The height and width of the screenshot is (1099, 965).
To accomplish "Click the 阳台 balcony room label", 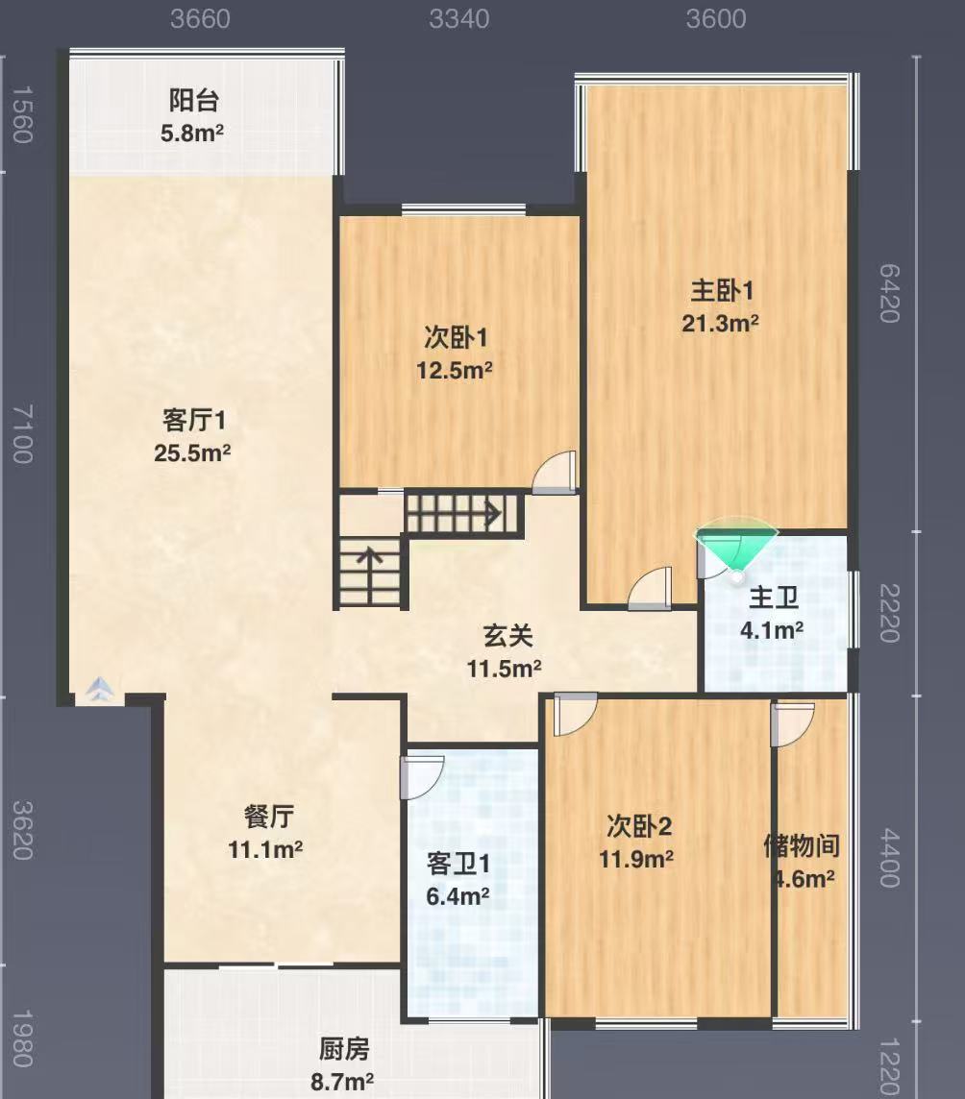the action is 193,100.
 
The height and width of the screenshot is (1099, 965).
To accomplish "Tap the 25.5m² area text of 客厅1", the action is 192,452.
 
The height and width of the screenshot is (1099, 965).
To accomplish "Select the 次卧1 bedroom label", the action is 456,338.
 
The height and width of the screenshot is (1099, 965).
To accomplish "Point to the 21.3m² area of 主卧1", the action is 720,323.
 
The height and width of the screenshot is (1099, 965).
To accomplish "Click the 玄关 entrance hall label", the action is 508,636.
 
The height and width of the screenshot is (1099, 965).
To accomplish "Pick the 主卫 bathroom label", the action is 774,598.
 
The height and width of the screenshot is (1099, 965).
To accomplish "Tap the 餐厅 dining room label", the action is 268,817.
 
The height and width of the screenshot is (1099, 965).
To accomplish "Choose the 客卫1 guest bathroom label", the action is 458,864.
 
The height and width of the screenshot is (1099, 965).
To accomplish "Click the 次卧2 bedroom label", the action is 639,826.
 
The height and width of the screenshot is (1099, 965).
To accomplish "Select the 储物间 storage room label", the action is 802,846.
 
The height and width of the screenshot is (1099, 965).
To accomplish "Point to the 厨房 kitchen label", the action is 344,1049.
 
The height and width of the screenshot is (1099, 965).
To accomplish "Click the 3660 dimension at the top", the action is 200,19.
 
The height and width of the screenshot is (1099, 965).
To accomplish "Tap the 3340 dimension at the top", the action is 458,19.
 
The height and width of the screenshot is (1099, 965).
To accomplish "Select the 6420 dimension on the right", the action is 889,293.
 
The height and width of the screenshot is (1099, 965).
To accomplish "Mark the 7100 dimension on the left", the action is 22,433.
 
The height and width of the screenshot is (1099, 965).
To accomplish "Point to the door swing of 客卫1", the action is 422,777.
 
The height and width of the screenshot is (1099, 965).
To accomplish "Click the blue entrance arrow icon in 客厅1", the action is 100,688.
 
